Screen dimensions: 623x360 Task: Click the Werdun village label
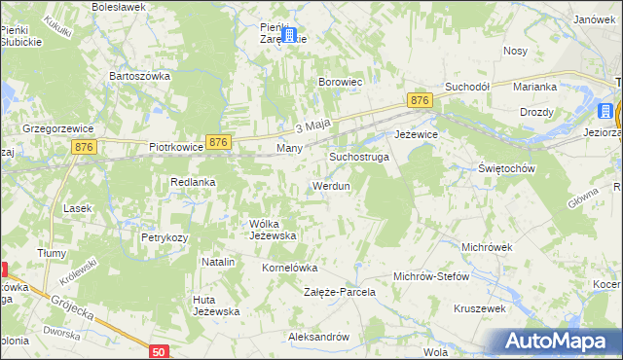pyautogui.click(x=330, y=185)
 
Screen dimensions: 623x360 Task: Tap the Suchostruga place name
pyautogui.click(x=359, y=156)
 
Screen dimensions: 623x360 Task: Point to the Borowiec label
pyautogui.click(x=341, y=83)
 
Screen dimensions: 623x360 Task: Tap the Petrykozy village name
pyautogui.click(x=165, y=236)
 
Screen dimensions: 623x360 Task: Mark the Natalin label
pyautogui.click(x=218, y=263)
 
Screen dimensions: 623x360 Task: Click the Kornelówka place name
pyautogui.click(x=290, y=267)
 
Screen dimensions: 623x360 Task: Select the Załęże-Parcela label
pyautogui.click(x=340, y=292)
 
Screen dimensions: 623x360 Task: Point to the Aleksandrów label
pyautogui.click(x=318, y=337)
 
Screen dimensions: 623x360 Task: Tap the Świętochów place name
pyautogui.click(x=508, y=168)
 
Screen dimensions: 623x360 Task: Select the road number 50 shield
pyautogui.click(x=160, y=349)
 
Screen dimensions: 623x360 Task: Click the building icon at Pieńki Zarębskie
pyautogui.click(x=288, y=34)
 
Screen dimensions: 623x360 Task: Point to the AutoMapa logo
pyautogui.click(x=559, y=341)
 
